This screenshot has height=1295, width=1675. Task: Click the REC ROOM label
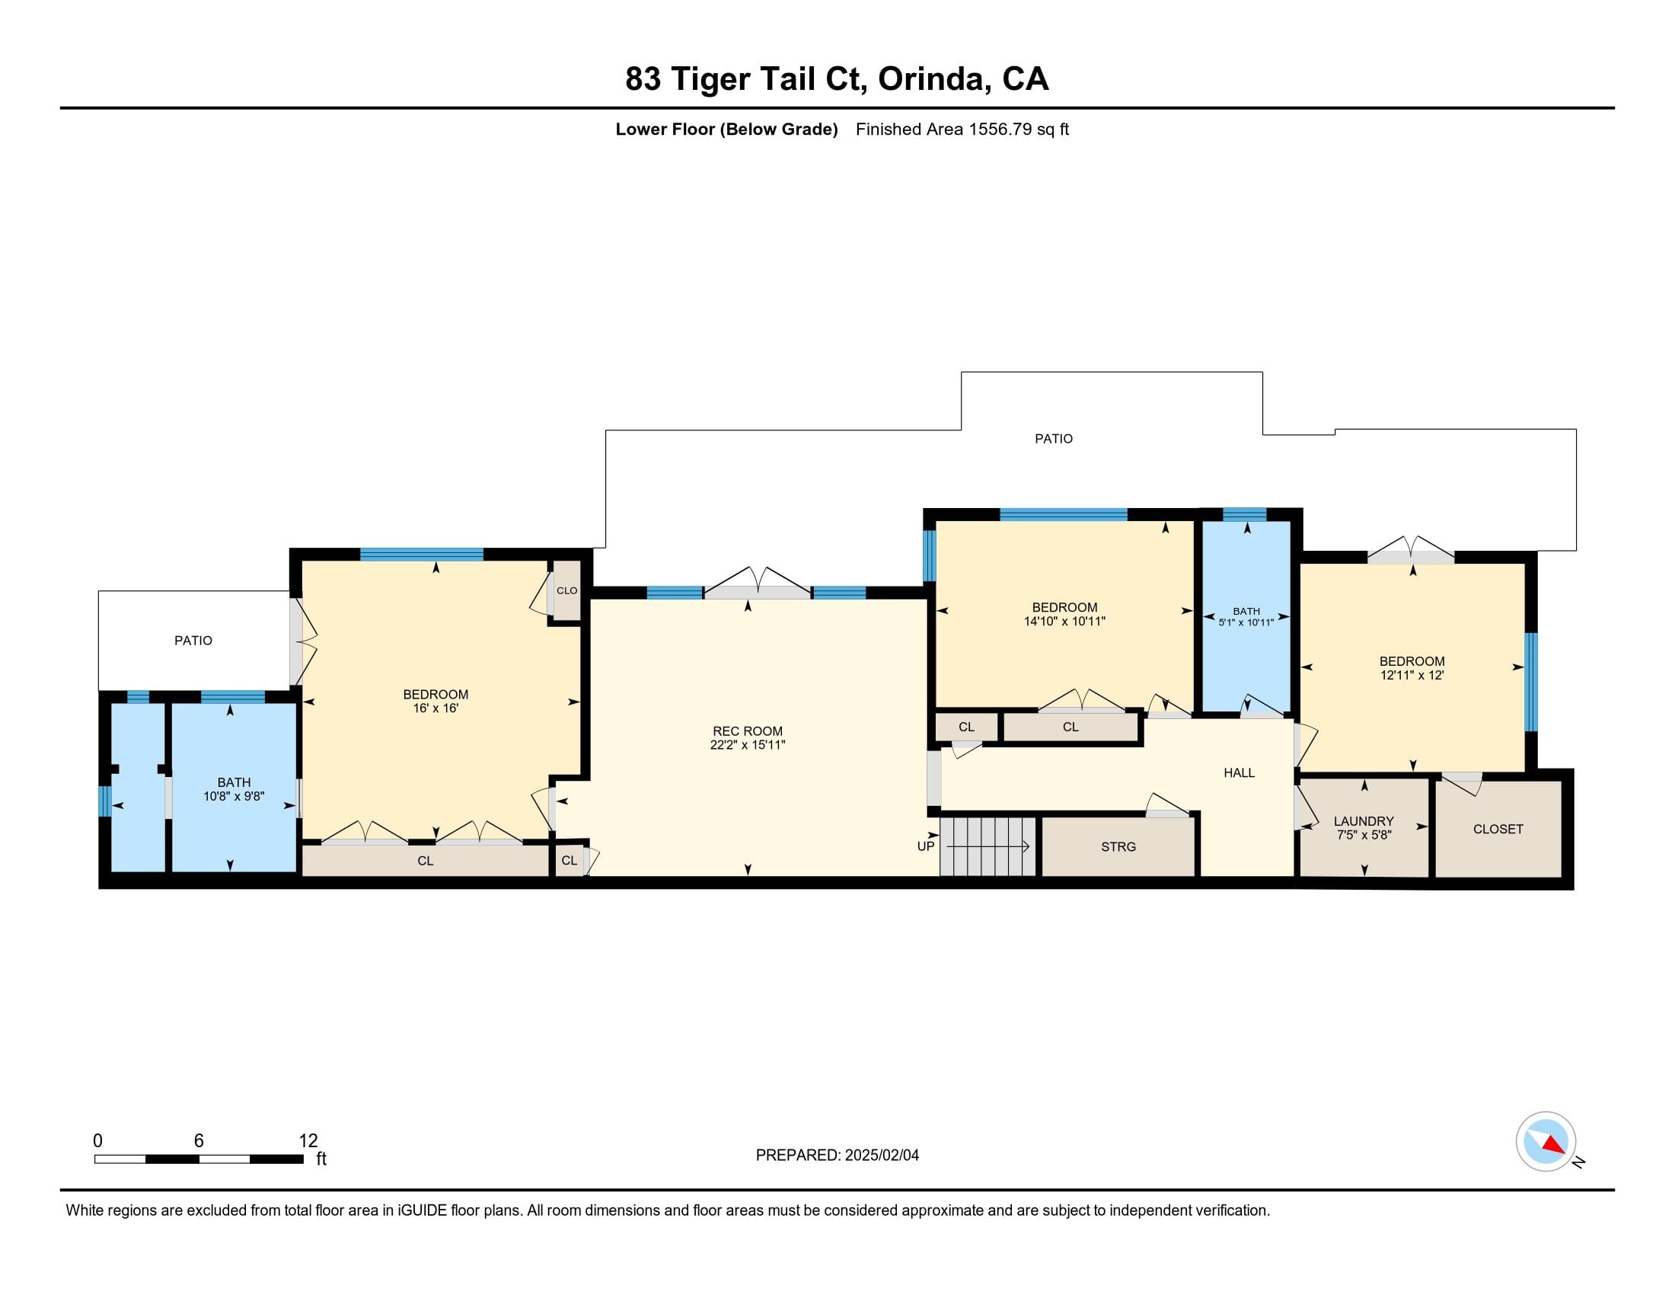(x=748, y=731)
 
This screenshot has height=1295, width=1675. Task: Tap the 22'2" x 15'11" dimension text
(x=748, y=745)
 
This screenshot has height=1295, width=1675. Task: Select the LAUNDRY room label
(x=1364, y=821)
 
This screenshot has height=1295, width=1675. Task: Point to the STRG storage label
(x=1118, y=847)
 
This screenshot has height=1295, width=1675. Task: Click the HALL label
(x=1239, y=772)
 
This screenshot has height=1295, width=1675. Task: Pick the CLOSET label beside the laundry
(x=1498, y=829)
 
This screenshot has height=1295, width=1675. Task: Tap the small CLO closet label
(x=566, y=590)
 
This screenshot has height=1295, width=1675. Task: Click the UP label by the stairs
(x=926, y=846)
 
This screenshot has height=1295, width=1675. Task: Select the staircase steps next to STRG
(x=988, y=847)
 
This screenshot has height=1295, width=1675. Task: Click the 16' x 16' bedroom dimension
(x=435, y=708)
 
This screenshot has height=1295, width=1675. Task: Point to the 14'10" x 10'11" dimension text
(x=1064, y=622)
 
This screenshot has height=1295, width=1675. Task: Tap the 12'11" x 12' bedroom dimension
(x=1412, y=675)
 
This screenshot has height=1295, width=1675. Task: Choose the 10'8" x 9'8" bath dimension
(x=234, y=796)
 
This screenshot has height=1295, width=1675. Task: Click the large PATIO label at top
(x=1054, y=439)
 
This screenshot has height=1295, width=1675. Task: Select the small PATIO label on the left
(x=193, y=641)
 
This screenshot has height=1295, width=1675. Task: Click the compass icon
(x=1546, y=1142)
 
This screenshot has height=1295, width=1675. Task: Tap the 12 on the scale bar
(x=308, y=1141)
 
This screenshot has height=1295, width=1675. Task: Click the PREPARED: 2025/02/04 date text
(x=837, y=1156)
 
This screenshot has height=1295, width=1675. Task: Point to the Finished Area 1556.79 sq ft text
(x=962, y=129)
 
